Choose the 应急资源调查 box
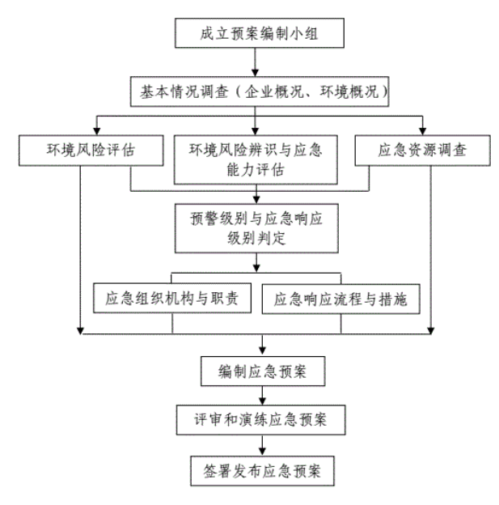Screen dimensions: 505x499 click(x=421, y=149)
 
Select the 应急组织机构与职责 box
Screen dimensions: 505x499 click(x=175, y=298)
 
